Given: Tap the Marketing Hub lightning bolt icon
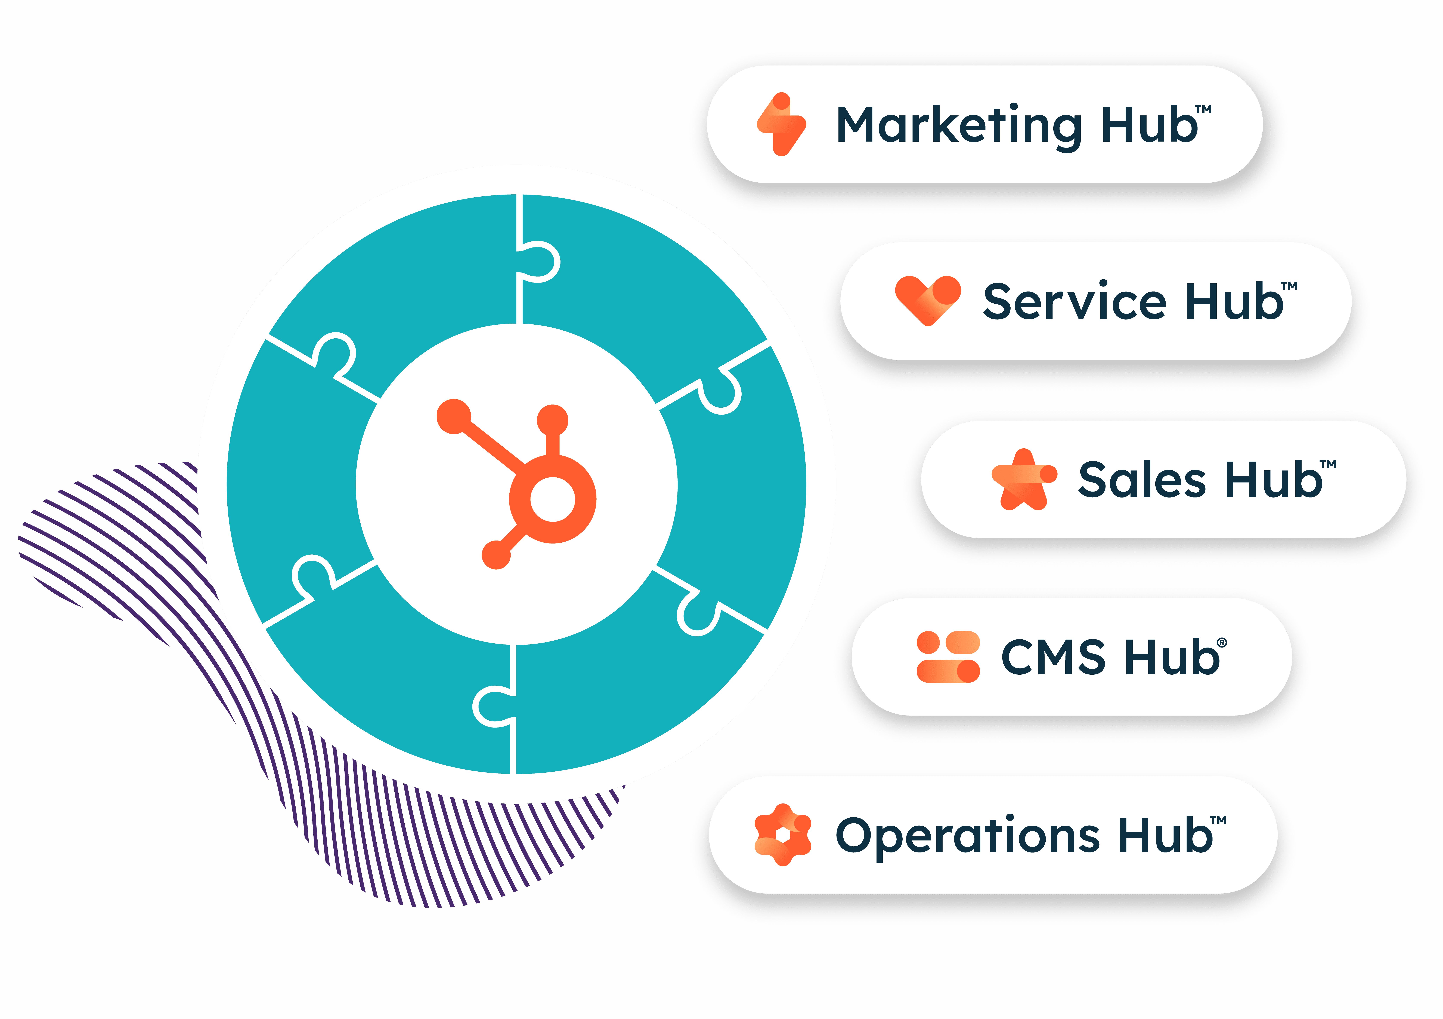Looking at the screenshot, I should tap(781, 124).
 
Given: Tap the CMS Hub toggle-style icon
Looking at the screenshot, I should tap(948, 657).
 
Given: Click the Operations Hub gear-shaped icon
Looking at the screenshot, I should tap(782, 835).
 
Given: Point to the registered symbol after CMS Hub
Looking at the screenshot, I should tap(1222, 642).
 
